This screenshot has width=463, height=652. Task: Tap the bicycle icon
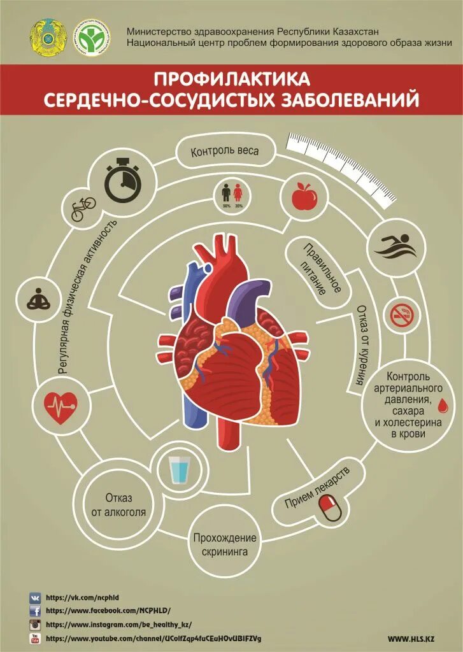point(83,208)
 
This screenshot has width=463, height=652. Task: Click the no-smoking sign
point(402,315)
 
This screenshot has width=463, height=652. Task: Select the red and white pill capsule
point(330,508)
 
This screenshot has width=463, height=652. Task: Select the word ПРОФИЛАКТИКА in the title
point(231,79)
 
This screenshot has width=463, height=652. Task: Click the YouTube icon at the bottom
point(34,638)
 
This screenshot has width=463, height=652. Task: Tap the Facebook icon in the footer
point(34,611)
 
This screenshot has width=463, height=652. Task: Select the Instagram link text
point(118,625)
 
